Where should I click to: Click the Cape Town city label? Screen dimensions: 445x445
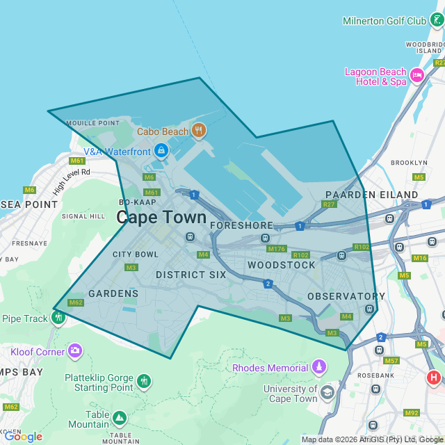(161, 217)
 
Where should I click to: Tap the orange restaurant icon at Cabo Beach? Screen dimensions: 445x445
(199, 131)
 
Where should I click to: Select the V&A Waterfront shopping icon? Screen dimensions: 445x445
(161, 150)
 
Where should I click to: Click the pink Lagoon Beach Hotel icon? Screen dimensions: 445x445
(416, 76)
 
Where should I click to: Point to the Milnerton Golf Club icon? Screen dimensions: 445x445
(437, 21)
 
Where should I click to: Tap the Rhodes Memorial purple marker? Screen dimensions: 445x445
(318, 366)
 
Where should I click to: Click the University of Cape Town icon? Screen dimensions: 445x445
(327, 394)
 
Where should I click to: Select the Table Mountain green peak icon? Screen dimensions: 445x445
(120, 418)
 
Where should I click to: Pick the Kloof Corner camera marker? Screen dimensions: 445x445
(75, 351)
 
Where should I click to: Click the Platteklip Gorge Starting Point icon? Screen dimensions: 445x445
(144, 381)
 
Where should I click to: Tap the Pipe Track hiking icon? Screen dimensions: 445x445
(58, 318)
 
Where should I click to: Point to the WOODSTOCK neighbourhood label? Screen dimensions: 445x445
(281, 265)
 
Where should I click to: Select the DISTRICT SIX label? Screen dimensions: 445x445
(191, 275)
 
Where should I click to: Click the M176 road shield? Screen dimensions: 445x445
(277, 249)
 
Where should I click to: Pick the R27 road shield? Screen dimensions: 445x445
(329, 204)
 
